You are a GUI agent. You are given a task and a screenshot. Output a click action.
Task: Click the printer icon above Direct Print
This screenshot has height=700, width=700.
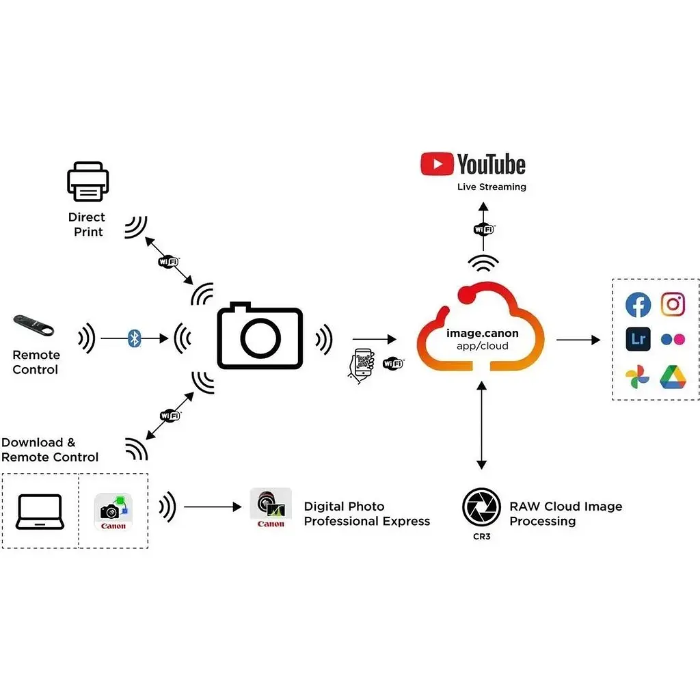[x=88, y=182]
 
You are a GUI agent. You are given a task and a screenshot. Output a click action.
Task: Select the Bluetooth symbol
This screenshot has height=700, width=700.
[x=135, y=338]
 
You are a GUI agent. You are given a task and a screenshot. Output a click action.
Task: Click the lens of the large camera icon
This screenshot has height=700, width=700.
[x=260, y=338]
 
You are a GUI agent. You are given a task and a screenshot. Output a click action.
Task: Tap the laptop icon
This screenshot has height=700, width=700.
[x=40, y=512]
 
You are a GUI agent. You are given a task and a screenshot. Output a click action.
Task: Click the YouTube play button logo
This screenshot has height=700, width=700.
[x=437, y=164]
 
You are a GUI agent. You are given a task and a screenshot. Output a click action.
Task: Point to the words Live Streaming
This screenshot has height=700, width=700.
[x=492, y=187]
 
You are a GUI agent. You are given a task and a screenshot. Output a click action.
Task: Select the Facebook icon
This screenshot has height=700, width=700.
[x=638, y=305]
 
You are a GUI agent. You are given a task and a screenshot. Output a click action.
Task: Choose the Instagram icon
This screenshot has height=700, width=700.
[x=673, y=305]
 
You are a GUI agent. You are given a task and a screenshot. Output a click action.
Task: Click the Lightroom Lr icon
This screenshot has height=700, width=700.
[x=638, y=339]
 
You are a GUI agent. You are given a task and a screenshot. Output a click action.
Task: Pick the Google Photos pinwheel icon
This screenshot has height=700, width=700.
[x=638, y=377]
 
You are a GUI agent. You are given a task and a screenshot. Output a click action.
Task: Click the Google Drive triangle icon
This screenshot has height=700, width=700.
[x=673, y=377]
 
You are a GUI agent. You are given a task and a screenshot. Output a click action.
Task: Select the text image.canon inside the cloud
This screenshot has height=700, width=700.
[x=482, y=334]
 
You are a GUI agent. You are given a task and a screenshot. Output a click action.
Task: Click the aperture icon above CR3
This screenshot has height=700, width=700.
[x=481, y=507]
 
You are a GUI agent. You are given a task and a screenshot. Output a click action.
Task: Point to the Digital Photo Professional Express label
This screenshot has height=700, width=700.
[x=366, y=513]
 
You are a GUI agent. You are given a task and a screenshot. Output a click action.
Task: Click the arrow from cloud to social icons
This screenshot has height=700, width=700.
[x=578, y=340]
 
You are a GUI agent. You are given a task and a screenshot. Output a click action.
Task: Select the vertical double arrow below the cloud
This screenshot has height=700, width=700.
[x=482, y=425]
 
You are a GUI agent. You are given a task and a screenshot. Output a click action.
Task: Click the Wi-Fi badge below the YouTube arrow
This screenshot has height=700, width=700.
[x=483, y=230]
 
